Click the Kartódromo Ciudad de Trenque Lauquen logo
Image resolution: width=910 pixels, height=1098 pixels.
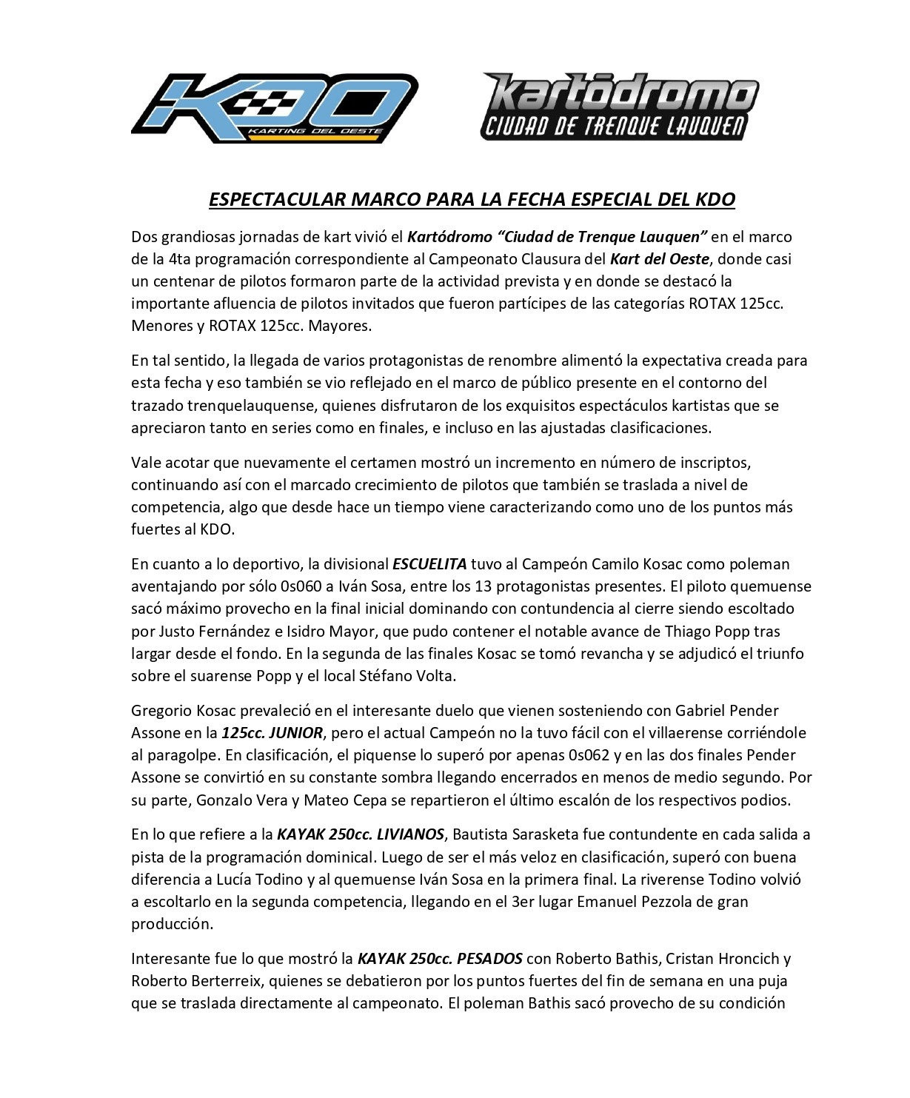[620, 106]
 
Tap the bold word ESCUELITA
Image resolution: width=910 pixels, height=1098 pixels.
[429, 563]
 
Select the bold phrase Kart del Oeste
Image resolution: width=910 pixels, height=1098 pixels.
[659, 259]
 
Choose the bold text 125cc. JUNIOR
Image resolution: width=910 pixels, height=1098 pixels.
[272, 733]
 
